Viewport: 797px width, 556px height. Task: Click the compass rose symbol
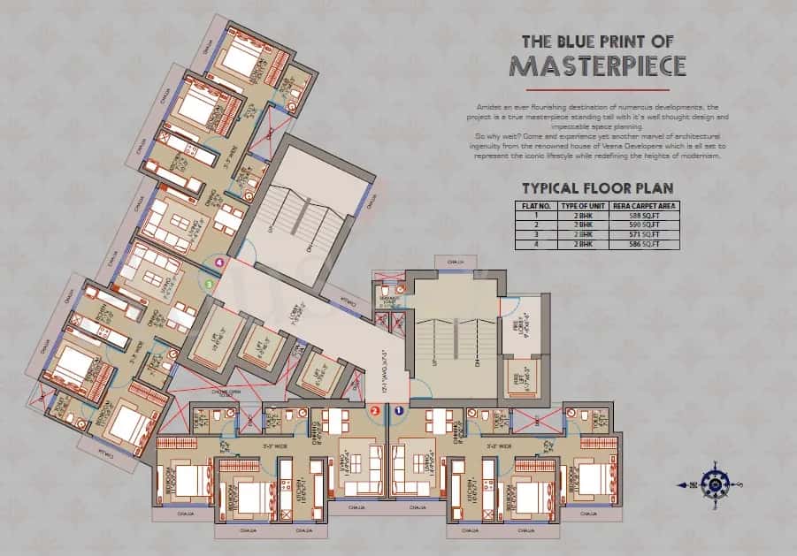(713, 483)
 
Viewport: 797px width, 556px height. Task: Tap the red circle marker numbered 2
(375, 410)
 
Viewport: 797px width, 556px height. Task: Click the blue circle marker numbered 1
(399, 410)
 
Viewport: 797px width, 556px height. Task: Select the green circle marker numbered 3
(209, 285)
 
